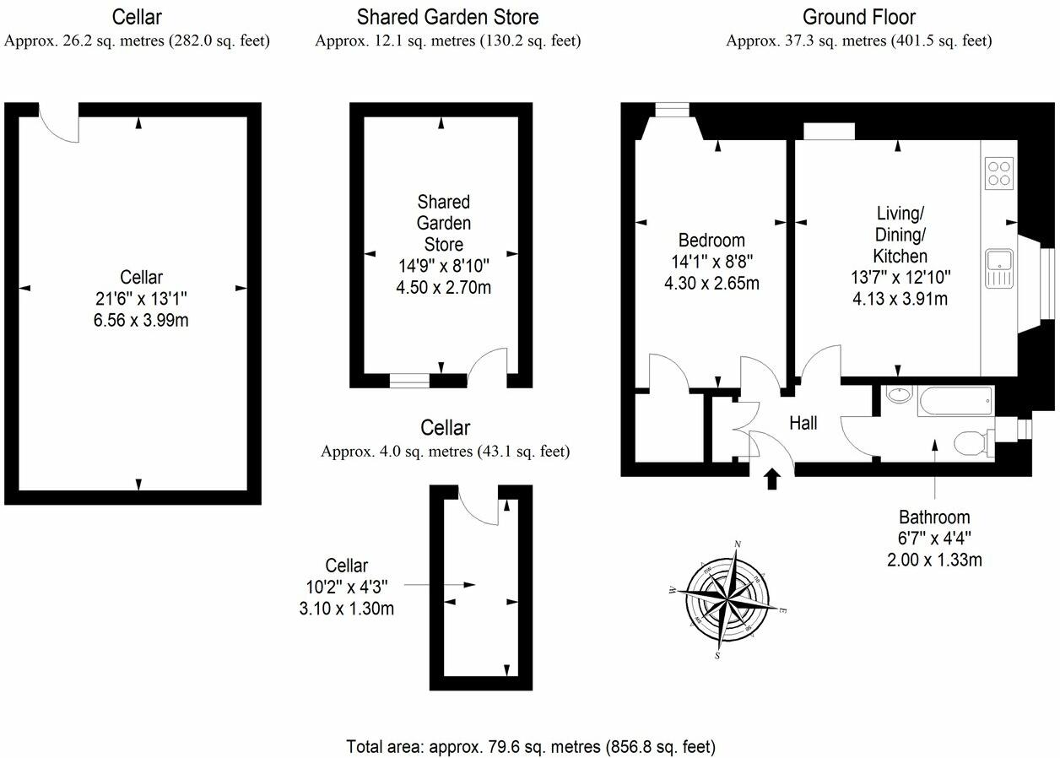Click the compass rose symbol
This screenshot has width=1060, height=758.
coord(727,600)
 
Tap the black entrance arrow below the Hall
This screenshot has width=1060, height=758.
coord(771,480)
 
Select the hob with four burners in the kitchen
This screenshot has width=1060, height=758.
coord(999,174)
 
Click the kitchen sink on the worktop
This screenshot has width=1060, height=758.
coord(998,269)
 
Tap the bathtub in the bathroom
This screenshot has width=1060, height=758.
coord(955,400)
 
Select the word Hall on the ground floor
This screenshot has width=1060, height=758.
coord(803,424)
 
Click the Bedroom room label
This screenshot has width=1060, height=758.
coord(711,241)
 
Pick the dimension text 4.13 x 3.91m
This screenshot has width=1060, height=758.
coord(899,299)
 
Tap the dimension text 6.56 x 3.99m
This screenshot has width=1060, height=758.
coord(141,320)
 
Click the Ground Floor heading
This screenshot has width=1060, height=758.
coord(858,17)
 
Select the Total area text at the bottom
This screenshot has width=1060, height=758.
coord(531,746)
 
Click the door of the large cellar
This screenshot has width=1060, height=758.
coord(59,125)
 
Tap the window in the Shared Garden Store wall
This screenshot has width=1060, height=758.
coord(409,381)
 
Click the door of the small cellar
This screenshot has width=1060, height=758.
coord(479,505)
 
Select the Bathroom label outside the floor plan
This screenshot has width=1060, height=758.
coord(933,517)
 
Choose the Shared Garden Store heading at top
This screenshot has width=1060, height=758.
coord(447,17)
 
